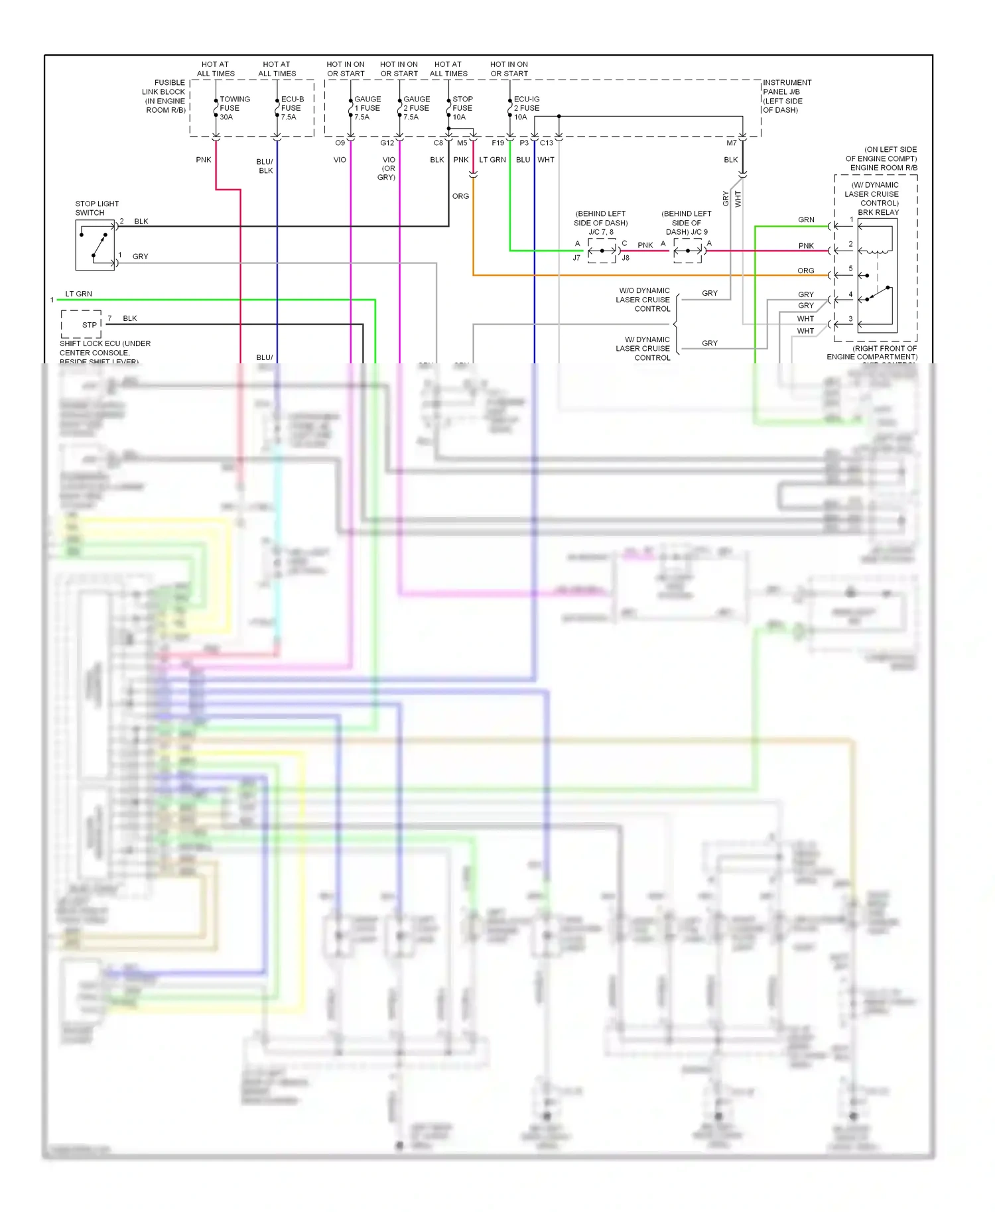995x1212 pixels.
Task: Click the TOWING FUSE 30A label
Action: pyautogui.click(x=233, y=108)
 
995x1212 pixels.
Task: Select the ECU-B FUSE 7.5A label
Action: pyautogui.click(x=292, y=108)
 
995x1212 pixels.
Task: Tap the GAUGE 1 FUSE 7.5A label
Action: pyautogui.click(x=367, y=108)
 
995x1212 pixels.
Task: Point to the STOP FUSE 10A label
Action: pyautogui.click(x=462, y=108)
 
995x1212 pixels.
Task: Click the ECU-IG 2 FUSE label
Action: pyautogui.click(x=526, y=103)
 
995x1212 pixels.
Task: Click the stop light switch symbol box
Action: pyautogui.click(x=95, y=245)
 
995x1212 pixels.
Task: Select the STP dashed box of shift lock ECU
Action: pyautogui.click(x=82, y=324)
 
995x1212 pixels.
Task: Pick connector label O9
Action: pyautogui.click(x=340, y=143)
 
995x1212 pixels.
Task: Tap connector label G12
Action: pyautogui.click(x=387, y=143)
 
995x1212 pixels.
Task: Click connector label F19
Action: pyautogui.click(x=497, y=143)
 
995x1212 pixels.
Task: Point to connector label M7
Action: pyautogui.click(x=731, y=143)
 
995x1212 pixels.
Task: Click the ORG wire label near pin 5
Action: pyautogui.click(x=805, y=271)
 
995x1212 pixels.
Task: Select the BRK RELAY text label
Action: pyautogui.click(x=878, y=212)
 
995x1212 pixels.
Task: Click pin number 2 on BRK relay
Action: pyautogui.click(x=850, y=244)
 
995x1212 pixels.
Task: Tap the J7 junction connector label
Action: pyautogui.click(x=576, y=258)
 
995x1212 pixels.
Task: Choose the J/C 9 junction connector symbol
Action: pyautogui.click(x=688, y=251)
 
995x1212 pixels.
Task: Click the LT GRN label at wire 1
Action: pyautogui.click(x=78, y=294)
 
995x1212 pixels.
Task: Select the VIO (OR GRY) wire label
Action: pyautogui.click(x=388, y=168)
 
